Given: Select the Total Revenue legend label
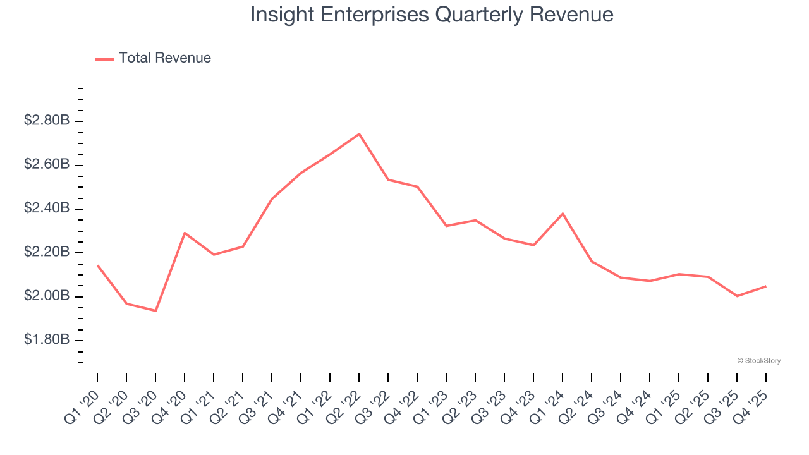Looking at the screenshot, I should (164, 58).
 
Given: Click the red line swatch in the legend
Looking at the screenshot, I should (104, 59).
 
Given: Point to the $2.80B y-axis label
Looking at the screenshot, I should (46, 120).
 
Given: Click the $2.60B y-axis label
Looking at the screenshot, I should (46, 164).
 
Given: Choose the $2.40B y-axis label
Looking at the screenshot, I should (46, 208).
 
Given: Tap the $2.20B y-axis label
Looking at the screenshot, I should (46, 252).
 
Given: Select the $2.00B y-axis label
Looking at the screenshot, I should (46, 296).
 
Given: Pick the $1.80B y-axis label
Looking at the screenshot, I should (46, 340).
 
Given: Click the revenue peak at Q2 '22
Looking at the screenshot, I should (359, 134).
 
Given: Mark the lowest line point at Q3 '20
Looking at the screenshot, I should (155, 311).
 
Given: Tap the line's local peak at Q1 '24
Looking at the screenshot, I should (563, 214).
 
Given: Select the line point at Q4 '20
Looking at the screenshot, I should (185, 233).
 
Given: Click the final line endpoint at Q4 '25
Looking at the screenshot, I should (766, 286).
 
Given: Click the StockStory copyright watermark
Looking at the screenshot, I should (758, 361).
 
